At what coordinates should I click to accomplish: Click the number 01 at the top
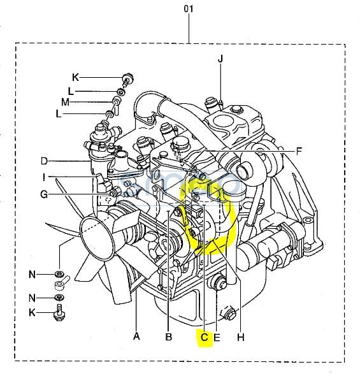tap(189, 9)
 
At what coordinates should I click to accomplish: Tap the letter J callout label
tap(220, 59)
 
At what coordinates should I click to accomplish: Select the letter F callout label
tap(299, 151)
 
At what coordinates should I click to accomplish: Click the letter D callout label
tap(45, 161)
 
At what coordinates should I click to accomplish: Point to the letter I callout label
tap(43, 177)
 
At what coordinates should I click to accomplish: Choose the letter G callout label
tap(44, 194)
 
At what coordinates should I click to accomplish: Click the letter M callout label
tap(65, 102)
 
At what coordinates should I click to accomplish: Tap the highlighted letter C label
tap(204, 337)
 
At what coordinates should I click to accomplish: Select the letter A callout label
tap(136, 336)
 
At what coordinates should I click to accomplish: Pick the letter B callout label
tap(169, 337)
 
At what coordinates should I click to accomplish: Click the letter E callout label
tap(217, 338)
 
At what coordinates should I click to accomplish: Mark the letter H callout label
tap(241, 337)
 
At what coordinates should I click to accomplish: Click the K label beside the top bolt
tap(75, 78)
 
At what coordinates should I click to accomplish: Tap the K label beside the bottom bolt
tap(32, 312)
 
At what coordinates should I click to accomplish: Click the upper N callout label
tap(32, 274)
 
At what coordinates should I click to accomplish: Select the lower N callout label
tap(32, 298)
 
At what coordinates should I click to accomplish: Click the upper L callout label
tap(71, 91)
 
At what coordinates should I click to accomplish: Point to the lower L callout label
tap(59, 113)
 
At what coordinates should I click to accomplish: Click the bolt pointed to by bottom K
tap(59, 312)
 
